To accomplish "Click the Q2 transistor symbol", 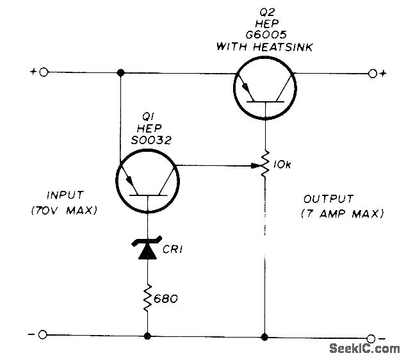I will point(264,88).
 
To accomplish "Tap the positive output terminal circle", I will point(373,72).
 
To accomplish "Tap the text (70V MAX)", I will point(71,209).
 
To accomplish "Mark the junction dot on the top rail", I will point(120,72).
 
